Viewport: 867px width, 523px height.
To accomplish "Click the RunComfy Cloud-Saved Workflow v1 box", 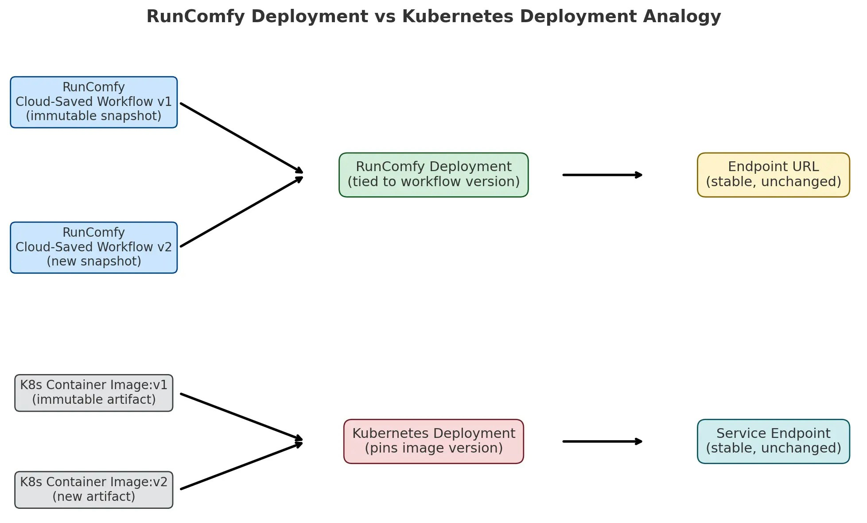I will pyautogui.click(x=93, y=102).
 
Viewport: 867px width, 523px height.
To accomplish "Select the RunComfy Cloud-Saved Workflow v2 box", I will pyautogui.click(x=93, y=247).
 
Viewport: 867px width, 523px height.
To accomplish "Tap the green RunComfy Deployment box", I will pyautogui.click(x=433, y=175).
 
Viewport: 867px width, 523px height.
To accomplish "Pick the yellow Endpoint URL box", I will pyautogui.click(x=773, y=175).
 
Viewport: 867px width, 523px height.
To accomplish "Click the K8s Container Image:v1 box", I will pyautogui.click(x=93, y=393).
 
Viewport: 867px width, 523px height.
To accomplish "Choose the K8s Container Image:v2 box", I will pyautogui.click(x=93, y=489).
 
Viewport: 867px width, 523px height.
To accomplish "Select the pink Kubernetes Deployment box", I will pyautogui.click(x=433, y=441).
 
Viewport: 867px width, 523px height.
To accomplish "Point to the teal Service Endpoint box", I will pyautogui.click(x=773, y=441).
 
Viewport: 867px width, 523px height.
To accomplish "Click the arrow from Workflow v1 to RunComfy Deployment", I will pyautogui.click(x=241, y=138).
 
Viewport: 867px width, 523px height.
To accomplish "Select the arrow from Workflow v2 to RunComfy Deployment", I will pyautogui.click(x=241, y=212).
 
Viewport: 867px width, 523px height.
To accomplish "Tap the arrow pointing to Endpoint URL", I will pyautogui.click(x=602, y=175).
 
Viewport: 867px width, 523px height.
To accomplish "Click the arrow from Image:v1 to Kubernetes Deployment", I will pyautogui.click(x=241, y=417).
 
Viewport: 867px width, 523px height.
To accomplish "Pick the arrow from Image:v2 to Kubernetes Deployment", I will pyautogui.click(x=241, y=465).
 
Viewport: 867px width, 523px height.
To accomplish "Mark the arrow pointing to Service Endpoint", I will pyautogui.click(x=602, y=441).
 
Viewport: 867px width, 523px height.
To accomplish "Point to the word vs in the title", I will pyautogui.click(x=385, y=17).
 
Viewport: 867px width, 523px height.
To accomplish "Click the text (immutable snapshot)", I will pyautogui.click(x=93, y=116).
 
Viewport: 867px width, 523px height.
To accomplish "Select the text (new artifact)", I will pyautogui.click(x=93, y=496).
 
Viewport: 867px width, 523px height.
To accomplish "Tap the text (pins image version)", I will pyautogui.click(x=433, y=448).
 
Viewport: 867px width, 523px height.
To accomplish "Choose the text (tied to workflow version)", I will pyautogui.click(x=433, y=182).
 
